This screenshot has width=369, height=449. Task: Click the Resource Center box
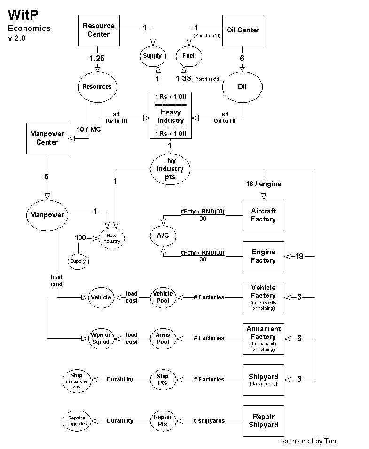coord(98,30)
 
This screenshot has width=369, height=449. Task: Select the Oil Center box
coord(243,30)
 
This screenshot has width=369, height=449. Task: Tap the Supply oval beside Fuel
coord(152,56)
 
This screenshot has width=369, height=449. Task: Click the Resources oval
coord(97,86)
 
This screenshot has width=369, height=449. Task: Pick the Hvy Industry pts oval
coord(170,169)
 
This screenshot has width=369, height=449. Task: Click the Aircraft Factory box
coord(263,215)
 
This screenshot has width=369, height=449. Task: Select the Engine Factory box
coord(263,256)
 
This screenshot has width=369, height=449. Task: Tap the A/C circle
coord(163,236)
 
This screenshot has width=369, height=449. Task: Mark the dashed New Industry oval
coord(112,237)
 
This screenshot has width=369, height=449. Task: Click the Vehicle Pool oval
coord(163,297)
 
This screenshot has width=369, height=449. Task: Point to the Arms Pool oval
coord(163,338)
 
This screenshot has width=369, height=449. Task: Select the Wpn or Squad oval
coord(101,338)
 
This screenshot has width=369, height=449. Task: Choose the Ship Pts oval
coord(163,379)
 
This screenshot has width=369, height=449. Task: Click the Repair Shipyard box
coord(263,420)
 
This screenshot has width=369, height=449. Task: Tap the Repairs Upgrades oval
coord(76,420)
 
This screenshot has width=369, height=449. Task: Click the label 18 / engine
coord(263,184)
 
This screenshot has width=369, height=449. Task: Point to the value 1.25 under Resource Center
coord(97,58)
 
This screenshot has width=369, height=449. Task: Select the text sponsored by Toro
coord(309,441)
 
